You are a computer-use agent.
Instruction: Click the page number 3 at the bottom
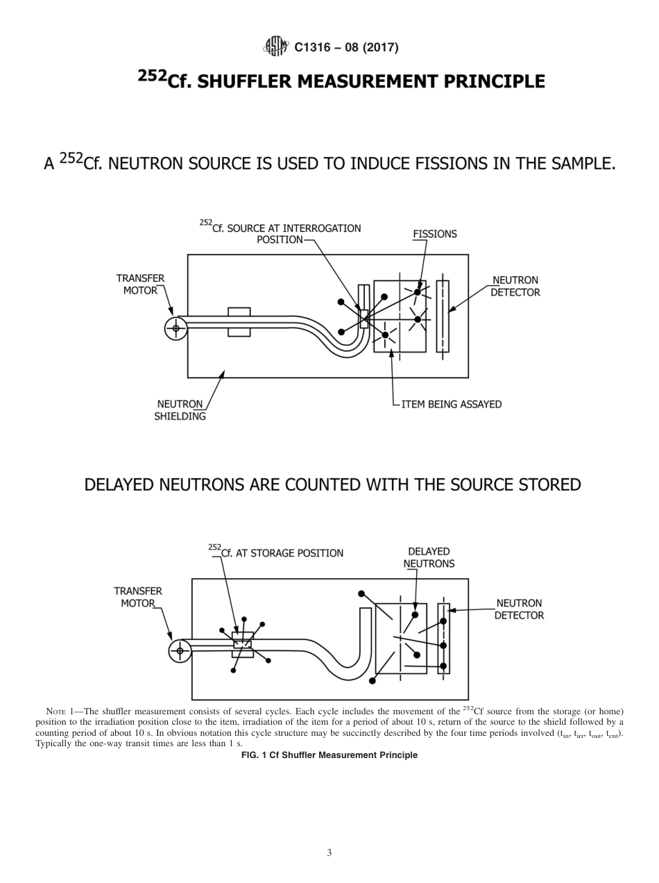329,852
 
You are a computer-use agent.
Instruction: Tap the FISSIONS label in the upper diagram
435,234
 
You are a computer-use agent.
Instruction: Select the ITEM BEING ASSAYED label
451,404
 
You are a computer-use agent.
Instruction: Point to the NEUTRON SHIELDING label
180,410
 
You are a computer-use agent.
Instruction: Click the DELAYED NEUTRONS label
429,557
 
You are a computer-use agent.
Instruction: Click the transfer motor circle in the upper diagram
176,328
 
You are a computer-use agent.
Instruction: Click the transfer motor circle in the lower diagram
180,650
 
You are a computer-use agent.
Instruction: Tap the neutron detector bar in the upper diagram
443,316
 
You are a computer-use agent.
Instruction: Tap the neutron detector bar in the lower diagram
444,638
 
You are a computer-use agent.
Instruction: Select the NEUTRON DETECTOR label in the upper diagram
515,286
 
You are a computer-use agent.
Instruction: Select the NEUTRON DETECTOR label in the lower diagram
519,609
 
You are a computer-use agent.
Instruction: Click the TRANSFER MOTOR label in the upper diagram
140,284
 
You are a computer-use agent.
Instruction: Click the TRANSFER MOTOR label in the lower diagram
138,597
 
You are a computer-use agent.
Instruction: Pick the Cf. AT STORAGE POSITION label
276,553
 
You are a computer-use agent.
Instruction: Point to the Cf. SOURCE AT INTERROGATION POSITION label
280,233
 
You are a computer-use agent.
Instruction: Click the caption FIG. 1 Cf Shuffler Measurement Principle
329,755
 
